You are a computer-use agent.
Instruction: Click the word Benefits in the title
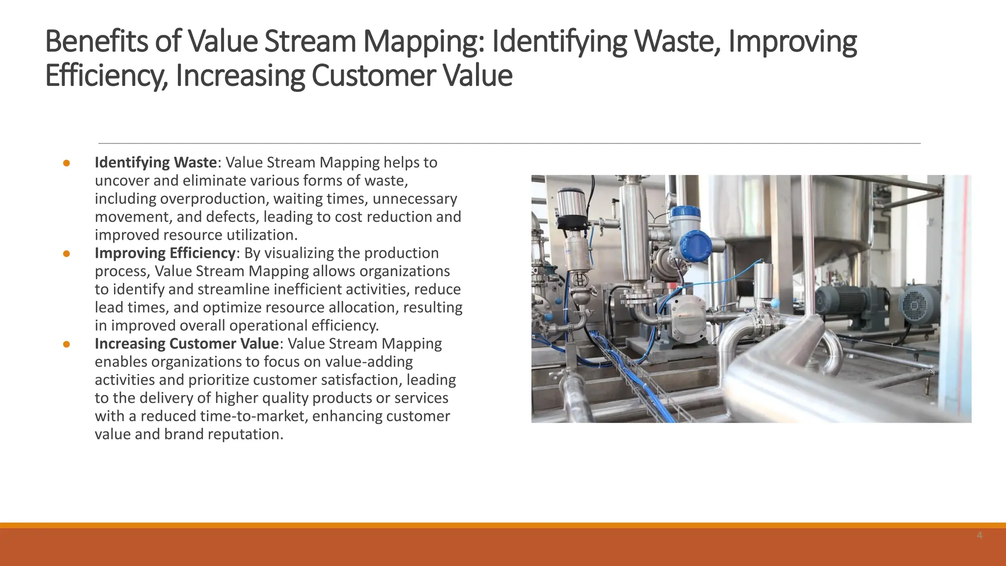(96, 41)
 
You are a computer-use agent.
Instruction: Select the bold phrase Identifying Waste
(156, 163)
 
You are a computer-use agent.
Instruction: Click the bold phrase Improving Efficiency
(165, 253)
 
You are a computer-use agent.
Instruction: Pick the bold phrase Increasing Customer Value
(187, 343)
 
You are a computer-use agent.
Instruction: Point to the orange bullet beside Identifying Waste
(66, 163)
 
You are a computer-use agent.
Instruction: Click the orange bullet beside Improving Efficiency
(66, 254)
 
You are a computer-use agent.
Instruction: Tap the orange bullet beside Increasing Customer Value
(66, 344)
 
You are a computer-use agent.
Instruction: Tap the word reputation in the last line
(245, 434)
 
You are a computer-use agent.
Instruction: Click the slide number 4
(979, 535)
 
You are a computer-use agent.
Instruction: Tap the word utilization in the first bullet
(262, 235)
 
